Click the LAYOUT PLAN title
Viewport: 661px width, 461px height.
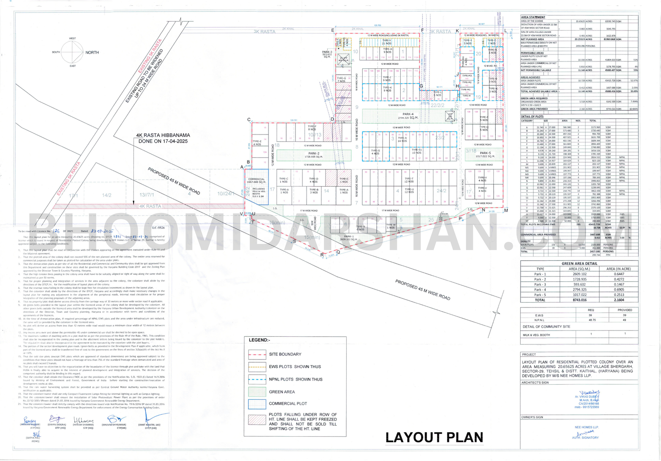coord(434,437)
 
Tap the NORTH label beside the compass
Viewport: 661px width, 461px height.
coord(92,52)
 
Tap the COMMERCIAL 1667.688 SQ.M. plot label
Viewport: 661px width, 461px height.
coord(256,181)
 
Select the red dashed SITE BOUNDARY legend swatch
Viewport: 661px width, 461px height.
coord(257,354)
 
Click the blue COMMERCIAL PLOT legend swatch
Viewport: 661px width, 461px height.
coord(257,404)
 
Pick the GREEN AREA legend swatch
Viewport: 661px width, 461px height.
coord(257,392)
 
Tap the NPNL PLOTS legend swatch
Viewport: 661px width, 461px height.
coord(257,379)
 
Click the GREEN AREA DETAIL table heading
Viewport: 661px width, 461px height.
coord(579,263)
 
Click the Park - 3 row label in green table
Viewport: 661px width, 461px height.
coord(540,284)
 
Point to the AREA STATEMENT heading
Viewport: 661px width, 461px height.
coord(533,17)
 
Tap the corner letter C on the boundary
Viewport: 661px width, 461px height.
coord(249,120)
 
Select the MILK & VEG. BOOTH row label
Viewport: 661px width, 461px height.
coord(536,335)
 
